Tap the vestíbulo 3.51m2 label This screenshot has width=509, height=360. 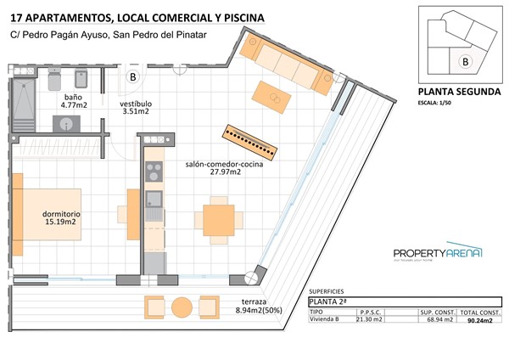click(x=135, y=107)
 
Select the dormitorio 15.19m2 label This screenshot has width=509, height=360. click(x=61, y=218)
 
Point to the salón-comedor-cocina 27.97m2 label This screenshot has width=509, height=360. click(x=224, y=167)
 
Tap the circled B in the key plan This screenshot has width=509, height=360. click(x=464, y=61)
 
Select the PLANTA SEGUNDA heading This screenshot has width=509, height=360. click(x=460, y=93)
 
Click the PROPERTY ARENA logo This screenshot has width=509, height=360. click(x=438, y=253)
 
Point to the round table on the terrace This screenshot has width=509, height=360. click(x=182, y=307)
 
